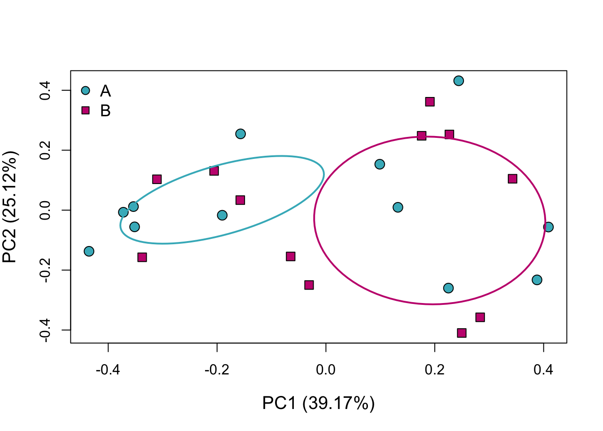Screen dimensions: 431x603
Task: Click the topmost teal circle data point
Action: point(459,81)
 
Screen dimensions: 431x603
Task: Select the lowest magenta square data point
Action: point(462,333)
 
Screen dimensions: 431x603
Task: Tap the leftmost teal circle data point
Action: point(89,251)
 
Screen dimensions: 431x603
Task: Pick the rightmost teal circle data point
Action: point(548,227)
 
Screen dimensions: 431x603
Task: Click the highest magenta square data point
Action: point(430,102)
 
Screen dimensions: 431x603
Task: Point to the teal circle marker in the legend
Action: point(86,91)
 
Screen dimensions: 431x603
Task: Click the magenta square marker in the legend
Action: point(86,110)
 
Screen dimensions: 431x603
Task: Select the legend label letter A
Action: point(105,91)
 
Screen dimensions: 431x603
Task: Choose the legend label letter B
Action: point(105,111)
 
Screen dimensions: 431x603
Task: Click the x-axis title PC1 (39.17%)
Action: point(318,403)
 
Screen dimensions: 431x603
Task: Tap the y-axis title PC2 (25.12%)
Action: point(10,207)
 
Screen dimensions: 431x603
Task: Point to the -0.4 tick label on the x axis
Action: point(108,370)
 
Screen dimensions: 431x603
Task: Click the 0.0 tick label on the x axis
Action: point(326,370)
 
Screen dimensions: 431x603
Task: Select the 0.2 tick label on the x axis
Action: point(434,370)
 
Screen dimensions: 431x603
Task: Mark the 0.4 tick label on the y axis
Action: point(45,90)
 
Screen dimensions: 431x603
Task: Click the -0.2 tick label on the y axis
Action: point(45,270)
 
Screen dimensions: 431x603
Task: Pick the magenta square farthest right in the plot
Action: point(512,179)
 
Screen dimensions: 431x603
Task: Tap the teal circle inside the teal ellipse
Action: point(222,215)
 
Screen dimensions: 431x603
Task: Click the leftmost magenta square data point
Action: point(142,257)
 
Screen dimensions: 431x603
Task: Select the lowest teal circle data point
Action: point(448,288)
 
